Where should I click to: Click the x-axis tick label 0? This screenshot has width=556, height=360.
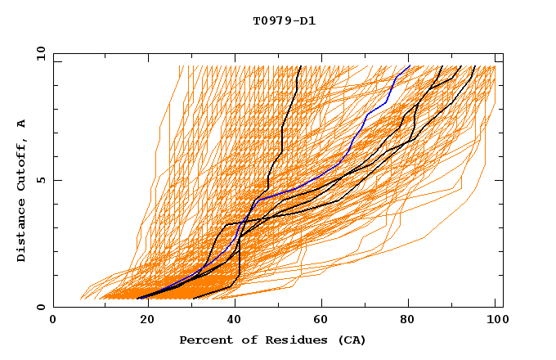53,321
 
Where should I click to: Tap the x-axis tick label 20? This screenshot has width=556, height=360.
142,321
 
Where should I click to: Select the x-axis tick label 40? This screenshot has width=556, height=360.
231,321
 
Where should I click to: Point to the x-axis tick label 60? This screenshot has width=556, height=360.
320,321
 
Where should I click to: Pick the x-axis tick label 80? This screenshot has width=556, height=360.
408,321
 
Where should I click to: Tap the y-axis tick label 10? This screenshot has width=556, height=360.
40,52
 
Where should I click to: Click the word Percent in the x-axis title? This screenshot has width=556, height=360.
204,340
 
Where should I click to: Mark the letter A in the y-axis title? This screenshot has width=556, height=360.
21,124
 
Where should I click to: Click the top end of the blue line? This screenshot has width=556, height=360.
410,65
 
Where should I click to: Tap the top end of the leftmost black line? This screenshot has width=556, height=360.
301,65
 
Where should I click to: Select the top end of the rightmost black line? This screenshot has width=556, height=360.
461,65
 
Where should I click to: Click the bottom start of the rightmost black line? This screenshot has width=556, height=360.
191,299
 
